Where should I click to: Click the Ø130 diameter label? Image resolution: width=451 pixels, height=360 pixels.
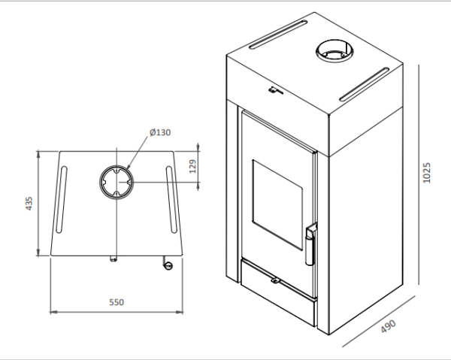coord(161,132)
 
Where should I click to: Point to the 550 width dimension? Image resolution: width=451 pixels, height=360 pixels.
coord(116,302)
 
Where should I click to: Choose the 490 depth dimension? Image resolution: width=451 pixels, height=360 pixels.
coord(388,325)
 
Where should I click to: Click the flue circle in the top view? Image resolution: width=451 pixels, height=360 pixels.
coord(115,181)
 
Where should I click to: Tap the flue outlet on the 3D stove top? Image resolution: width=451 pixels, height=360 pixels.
coord(331,52)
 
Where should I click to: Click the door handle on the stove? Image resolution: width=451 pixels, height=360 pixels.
coord(309,242)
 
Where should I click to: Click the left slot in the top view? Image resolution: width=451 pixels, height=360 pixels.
coord(61,201)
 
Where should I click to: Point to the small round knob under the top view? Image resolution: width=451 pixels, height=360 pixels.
coord(167,265)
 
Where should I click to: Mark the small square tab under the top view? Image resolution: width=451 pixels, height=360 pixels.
coord(114,259)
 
